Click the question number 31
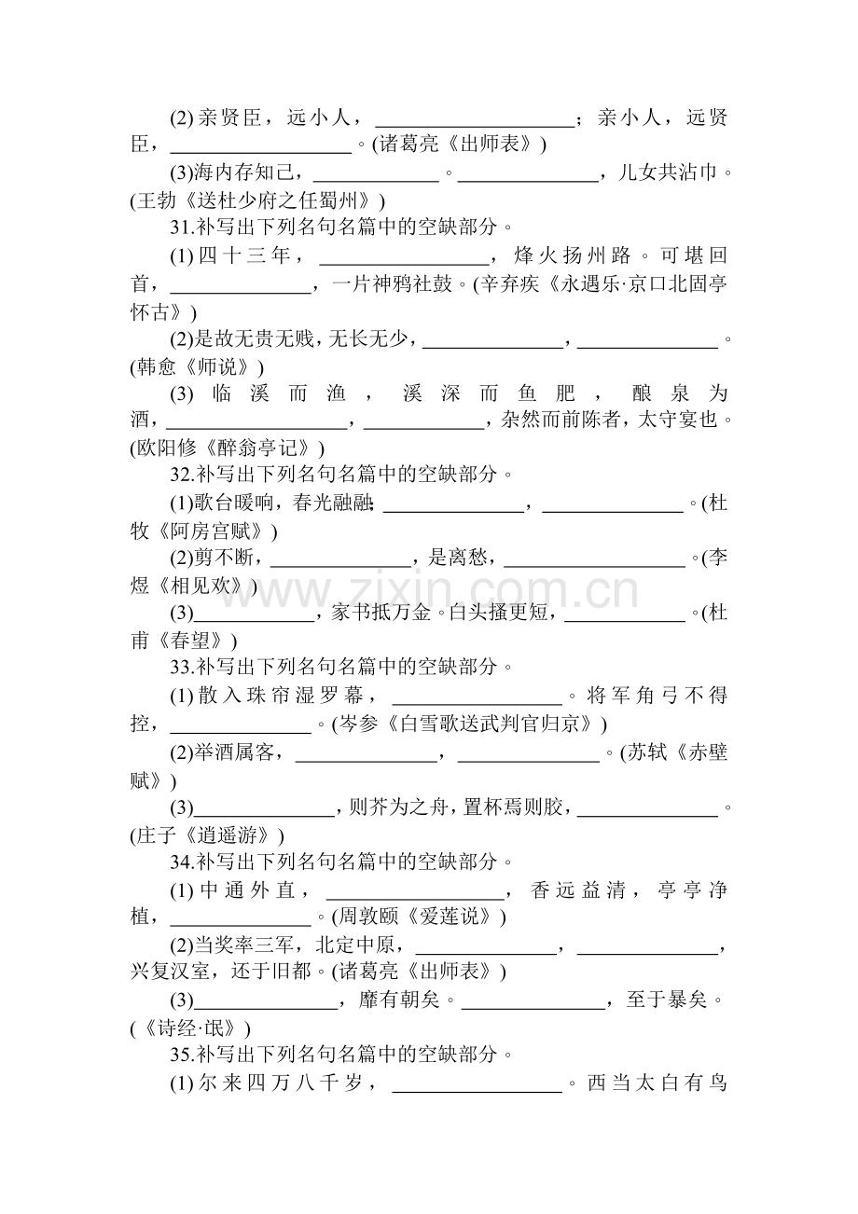click(x=181, y=228)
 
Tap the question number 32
click(x=181, y=475)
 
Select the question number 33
click(x=181, y=668)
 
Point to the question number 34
click(x=181, y=862)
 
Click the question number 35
click(x=181, y=1055)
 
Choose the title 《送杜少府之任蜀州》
click(x=278, y=201)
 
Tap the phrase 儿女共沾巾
click(x=667, y=172)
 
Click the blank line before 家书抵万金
click(x=255, y=621)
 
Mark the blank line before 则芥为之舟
click(x=264, y=816)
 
